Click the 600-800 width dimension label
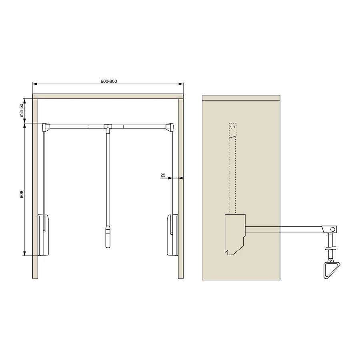pos(109,81)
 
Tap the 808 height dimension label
pos(22,194)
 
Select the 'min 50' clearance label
pos(22,110)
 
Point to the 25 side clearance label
pos(163,175)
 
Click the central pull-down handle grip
pos(108,237)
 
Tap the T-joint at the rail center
pos(108,128)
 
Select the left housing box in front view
pos(43,235)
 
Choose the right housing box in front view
pos(172,235)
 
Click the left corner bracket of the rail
pos(46,127)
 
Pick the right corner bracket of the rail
pos(170,127)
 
